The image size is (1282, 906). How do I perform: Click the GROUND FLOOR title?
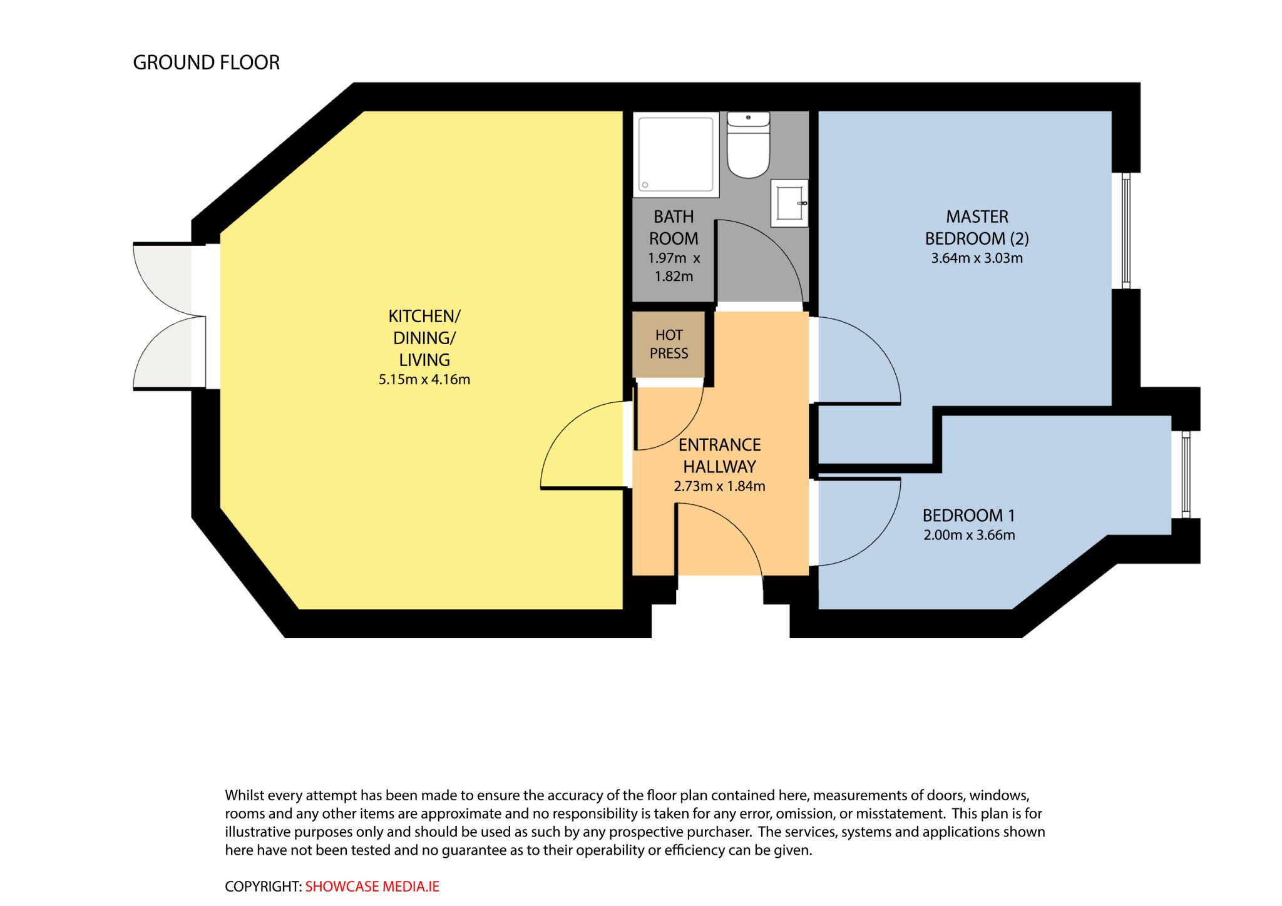tap(206, 63)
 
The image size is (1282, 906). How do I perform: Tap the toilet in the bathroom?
tap(748, 145)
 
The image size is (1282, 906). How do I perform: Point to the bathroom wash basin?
tap(789, 203)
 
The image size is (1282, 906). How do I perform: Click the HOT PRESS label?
tap(669, 344)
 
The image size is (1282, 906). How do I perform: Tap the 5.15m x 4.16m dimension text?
tap(424, 379)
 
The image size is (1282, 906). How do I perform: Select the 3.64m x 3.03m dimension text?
tap(977, 258)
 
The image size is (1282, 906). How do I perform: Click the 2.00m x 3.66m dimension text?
tap(969, 535)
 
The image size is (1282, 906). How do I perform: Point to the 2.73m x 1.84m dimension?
tap(719, 486)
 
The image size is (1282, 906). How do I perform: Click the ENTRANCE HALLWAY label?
tap(719, 456)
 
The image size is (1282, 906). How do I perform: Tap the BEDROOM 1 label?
tap(968, 516)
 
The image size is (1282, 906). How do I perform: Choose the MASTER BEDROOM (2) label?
tap(977, 228)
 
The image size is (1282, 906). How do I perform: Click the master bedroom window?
tap(1126, 230)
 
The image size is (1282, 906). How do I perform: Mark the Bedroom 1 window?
tap(1185, 474)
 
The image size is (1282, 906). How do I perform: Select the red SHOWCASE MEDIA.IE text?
tap(372, 887)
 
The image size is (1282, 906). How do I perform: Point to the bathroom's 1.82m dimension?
tap(674, 277)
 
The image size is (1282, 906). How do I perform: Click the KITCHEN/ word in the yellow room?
tap(424, 316)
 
